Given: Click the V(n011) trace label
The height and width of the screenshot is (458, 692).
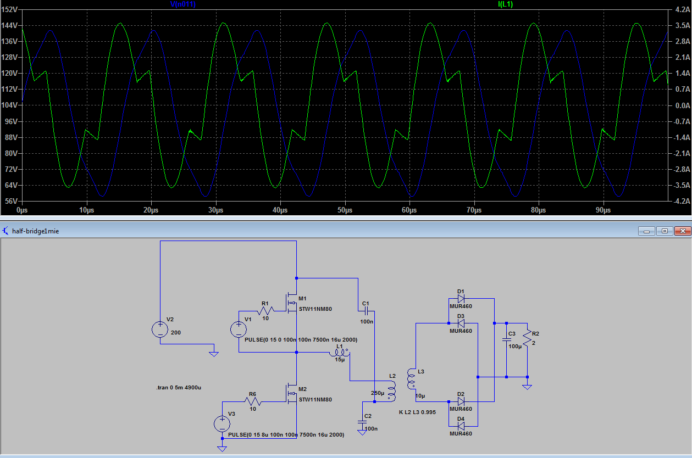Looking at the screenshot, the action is click(x=183, y=4).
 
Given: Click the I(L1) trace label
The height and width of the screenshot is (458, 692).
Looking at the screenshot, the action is click(x=506, y=4).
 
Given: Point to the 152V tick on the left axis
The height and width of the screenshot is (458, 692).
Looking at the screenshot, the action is click(x=9, y=9).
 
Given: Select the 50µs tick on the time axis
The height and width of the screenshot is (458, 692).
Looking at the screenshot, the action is click(x=345, y=210).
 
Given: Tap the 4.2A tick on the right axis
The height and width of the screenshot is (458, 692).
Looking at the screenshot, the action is click(x=682, y=9).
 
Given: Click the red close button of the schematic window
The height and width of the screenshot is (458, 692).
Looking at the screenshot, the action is click(x=683, y=231).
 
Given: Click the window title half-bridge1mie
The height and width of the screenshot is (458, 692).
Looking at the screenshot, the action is click(x=36, y=231).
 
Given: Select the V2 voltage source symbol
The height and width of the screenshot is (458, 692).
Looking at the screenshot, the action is click(x=160, y=329).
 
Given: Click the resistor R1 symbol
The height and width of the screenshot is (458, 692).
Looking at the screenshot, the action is click(x=265, y=310).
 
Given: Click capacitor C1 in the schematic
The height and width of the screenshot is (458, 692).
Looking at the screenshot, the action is click(x=366, y=311).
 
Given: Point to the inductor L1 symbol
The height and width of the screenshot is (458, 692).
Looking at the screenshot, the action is click(x=340, y=353).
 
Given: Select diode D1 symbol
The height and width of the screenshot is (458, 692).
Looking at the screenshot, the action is click(x=461, y=298).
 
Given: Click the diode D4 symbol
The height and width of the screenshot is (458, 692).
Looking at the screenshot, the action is click(x=461, y=426).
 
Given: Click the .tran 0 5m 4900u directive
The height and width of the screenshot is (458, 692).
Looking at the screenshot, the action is click(x=179, y=388).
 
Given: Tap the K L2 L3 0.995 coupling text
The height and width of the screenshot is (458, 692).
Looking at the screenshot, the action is click(x=417, y=412).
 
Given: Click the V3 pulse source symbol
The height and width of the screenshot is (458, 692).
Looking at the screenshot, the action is click(x=222, y=424).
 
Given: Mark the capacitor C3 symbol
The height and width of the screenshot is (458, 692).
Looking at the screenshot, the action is click(x=506, y=339).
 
